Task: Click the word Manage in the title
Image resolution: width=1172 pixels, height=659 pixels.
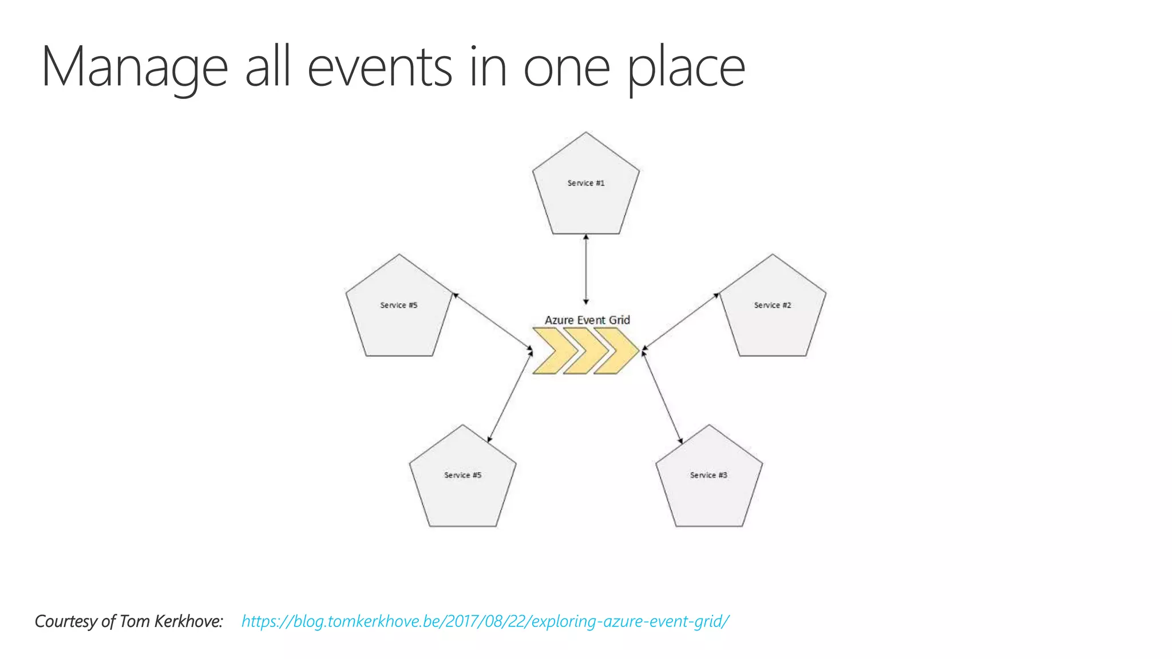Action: pos(134,68)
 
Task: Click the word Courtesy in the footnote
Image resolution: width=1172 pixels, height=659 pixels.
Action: pos(66,621)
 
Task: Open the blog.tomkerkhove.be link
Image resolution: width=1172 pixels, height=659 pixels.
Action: pos(485,621)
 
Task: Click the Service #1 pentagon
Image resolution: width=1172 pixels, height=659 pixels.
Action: pos(585,189)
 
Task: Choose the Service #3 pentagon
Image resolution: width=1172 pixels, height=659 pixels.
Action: pos(708,481)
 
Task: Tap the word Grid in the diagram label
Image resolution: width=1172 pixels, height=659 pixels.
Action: pos(619,320)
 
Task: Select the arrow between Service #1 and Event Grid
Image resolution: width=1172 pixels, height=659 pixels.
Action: pos(585,269)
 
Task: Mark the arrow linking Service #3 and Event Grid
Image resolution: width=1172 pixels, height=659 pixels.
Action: pos(662,397)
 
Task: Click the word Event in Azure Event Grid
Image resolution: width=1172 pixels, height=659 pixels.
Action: pos(591,320)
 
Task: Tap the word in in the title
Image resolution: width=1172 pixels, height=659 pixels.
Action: pos(488,68)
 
